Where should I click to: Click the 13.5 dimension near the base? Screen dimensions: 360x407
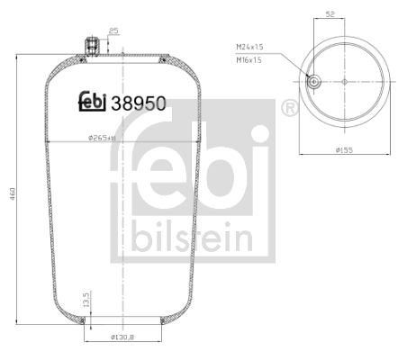[x=86, y=298]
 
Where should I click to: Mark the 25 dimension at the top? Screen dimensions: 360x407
[x=113, y=31]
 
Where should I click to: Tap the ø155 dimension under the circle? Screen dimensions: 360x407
[x=344, y=151]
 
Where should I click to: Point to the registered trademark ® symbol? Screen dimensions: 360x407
[x=289, y=108]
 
